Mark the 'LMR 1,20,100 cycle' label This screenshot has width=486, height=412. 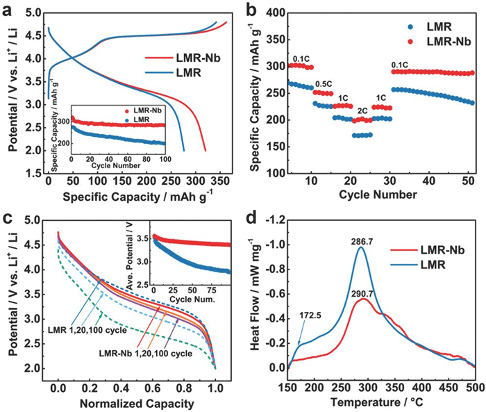point(82,327)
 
